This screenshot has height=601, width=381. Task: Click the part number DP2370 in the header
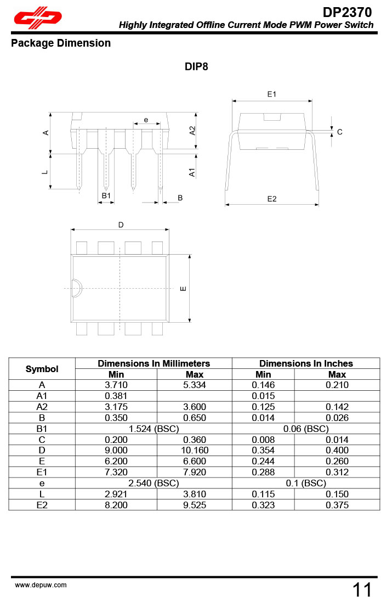click(x=348, y=12)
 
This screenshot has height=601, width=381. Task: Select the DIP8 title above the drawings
click(x=196, y=67)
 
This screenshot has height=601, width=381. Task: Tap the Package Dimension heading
click(x=61, y=43)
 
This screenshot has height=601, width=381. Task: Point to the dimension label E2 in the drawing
click(x=272, y=199)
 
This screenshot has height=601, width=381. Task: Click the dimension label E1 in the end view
click(x=272, y=94)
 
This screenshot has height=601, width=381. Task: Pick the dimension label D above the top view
click(x=121, y=225)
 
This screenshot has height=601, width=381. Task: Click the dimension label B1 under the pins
click(x=106, y=195)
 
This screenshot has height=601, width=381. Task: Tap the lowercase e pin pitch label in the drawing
click(x=146, y=120)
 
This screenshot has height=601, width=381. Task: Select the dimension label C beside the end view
click(x=340, y=132)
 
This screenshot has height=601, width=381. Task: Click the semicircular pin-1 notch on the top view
click(x=76, y=288)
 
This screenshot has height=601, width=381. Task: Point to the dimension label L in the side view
click(x=46, y=172)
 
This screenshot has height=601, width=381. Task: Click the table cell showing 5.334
click(x=195, y=385)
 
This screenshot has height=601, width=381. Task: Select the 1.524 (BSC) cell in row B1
click(x=153, y=429)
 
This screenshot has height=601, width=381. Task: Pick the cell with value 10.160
click(x=195, y=451)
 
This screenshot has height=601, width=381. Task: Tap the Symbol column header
click(x=42, y=369)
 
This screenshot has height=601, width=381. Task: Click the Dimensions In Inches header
click(x=306, y=363)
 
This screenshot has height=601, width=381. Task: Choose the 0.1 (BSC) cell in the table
click(x=306, y=483)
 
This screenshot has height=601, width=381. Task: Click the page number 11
click(x=362, y=590)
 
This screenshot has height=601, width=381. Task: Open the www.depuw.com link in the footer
click(x=41, y=585)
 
